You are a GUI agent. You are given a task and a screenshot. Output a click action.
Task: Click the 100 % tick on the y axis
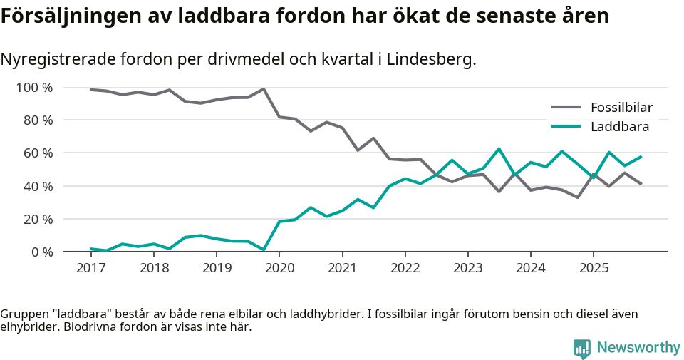click(x=35, y=88)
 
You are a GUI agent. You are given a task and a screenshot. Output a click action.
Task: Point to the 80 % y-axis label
click(x=38, y=120)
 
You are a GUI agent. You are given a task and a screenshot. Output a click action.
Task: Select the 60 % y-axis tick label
click(x=38, y=153)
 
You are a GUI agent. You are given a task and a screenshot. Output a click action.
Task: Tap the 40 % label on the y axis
click(x=38, y=186)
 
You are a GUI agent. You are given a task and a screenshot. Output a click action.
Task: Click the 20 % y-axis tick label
click(x=38, y=219)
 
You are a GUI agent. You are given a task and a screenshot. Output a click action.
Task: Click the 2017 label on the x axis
click(x=90, y=268)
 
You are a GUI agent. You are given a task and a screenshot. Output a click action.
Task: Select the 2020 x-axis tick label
click(x=279, y=268)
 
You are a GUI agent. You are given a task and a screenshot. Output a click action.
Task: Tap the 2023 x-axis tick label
click(x=467, y=268)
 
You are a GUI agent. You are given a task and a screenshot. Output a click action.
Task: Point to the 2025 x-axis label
click(x=594, y=268)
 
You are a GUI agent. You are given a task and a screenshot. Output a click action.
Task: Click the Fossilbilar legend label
click(x=621, y=108)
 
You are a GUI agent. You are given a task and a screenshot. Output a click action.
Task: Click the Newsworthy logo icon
click(x=582, y=348)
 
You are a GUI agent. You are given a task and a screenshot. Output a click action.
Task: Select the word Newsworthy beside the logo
click(x=638, y=348)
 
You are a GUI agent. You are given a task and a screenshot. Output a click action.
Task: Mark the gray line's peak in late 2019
click(x=264, y=89)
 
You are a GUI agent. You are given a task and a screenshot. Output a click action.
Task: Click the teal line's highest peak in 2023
click(x=499, y=149)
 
